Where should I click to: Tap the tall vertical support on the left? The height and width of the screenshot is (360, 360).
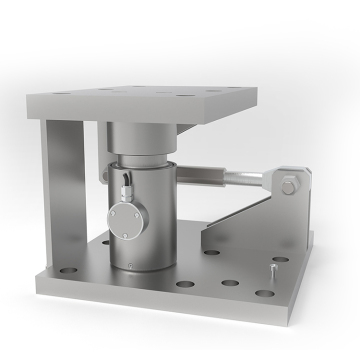pyautogui.click(x=63, y=200)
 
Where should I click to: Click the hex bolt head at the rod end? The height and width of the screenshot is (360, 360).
pyautogui.click(x=288, y=187)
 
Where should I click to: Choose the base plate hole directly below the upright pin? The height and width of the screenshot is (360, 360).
pyautogui.click(x=264, y=292)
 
